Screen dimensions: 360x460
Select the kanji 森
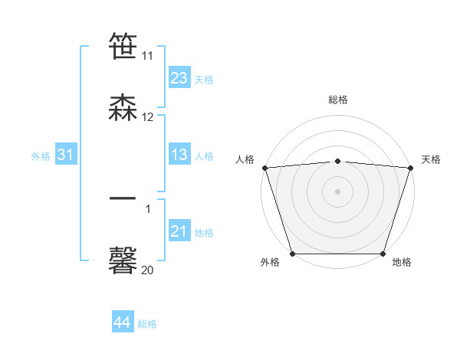point(123,108)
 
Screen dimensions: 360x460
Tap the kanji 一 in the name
point(123,200)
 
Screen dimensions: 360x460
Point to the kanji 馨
point(123,260)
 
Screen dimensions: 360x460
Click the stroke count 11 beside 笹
point(148,56)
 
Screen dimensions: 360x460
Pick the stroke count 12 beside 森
point(148,116)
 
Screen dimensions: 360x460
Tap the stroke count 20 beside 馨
point(148,269)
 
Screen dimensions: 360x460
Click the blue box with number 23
point(179,78)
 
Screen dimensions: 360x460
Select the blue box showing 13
point(179,155)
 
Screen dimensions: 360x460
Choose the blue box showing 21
point(179,231)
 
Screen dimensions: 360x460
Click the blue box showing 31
point(65,155)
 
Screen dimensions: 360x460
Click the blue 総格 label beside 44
point(147,324)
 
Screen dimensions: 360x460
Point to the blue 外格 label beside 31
point(41,156)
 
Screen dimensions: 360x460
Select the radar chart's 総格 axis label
point(337,100)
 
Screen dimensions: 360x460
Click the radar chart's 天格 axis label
point(431,159)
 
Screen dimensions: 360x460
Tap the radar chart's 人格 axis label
point(245,159)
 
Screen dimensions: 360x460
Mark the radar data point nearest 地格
point(383,254)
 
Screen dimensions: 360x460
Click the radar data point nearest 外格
point(292,254)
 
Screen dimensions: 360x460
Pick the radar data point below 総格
point(337,161)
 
